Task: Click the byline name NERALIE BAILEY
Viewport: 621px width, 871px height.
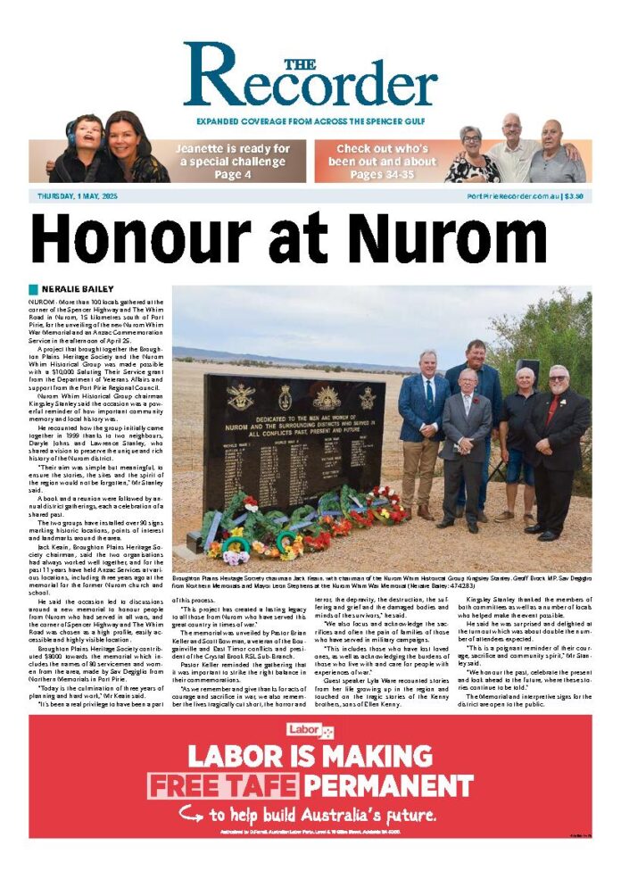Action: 78,289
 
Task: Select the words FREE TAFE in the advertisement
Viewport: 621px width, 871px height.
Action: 222,786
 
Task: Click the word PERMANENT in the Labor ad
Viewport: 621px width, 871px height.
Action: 387,786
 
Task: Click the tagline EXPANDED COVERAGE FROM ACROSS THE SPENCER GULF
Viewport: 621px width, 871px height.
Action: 310,121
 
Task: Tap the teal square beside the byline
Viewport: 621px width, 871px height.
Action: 34,289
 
